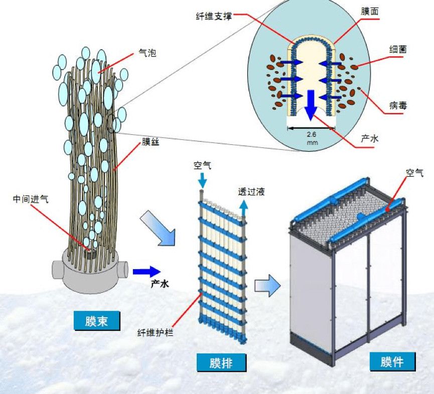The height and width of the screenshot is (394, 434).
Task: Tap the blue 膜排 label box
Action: [x=221, y=362]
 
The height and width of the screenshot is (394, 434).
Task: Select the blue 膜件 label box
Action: [x=392, y=361]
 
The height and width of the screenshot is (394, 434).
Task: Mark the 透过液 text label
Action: [x=251, y=191]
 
